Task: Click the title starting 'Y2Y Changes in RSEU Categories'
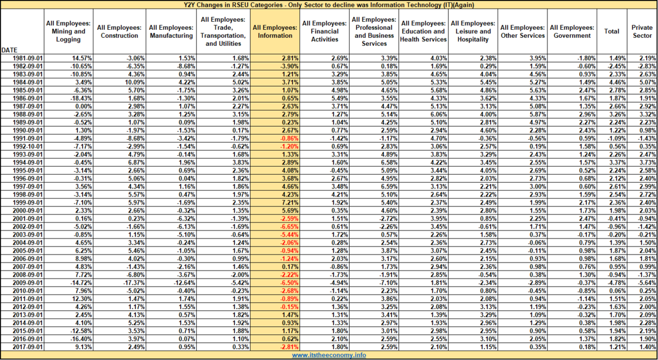click(x=329, y=5)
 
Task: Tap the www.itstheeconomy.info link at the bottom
click(x=329, y=355)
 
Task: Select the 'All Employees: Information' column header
click(x=275, y=32)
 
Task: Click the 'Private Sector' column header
click(x=642, y=32)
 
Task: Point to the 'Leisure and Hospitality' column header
click(x=472, y=32)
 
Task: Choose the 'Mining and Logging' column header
click(x=68, y=32)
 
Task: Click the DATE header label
click(x=9, y=50)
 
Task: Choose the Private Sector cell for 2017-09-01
click(x=648, y=347)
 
